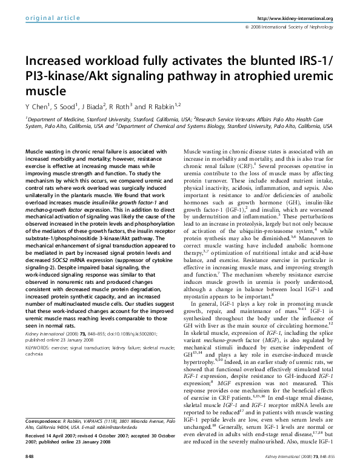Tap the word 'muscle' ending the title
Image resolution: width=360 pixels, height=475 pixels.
click(x=41, y=92)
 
